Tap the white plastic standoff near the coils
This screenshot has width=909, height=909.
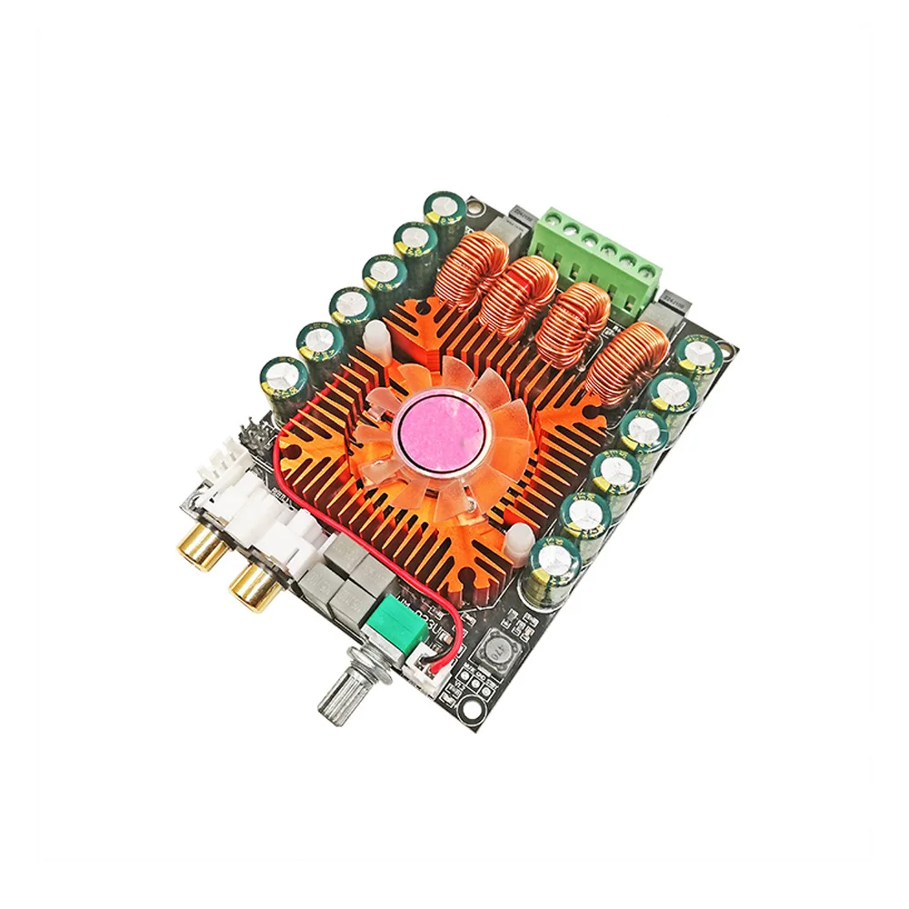374,339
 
